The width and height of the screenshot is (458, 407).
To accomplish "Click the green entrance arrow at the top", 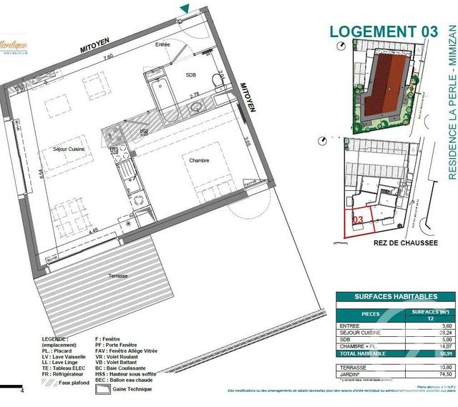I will tap(185, 9).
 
